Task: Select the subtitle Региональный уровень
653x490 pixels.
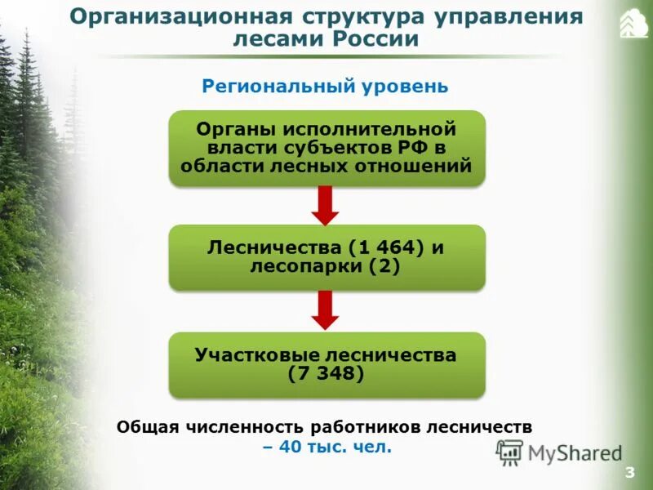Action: (325, 86)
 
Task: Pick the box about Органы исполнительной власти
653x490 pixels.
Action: (326, 148)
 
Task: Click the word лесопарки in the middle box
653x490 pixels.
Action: (297, 266)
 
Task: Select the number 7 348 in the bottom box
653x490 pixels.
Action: (326, 374)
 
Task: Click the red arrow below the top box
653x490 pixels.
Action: (326, 205)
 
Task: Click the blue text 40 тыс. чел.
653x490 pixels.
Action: (326, 447)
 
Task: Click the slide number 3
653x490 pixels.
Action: (629, 474)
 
